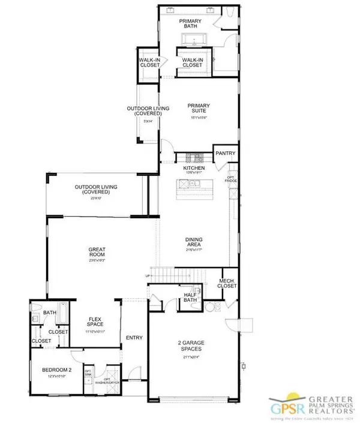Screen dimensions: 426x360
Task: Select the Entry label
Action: (133, 337)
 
